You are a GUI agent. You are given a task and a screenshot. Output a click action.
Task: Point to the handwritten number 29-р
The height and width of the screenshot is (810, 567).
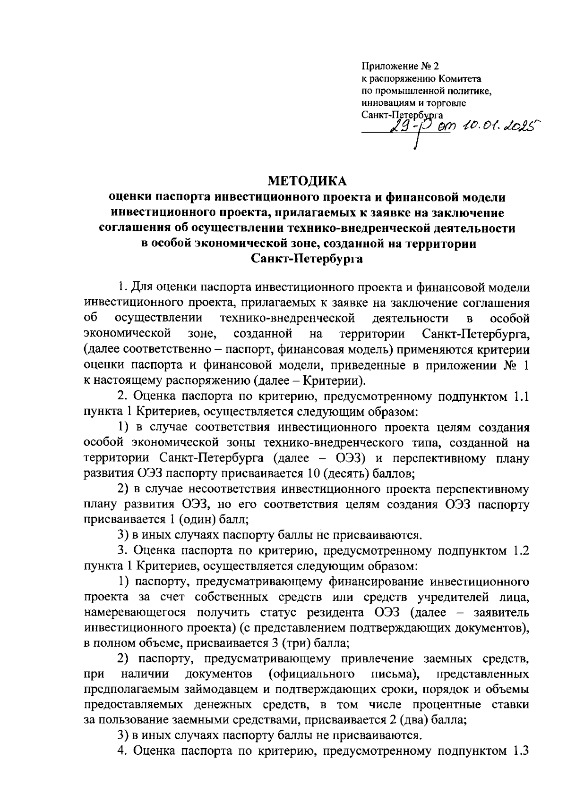click(411, 125)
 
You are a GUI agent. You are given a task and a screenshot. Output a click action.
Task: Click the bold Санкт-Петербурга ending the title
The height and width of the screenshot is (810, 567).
click(307, 259)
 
